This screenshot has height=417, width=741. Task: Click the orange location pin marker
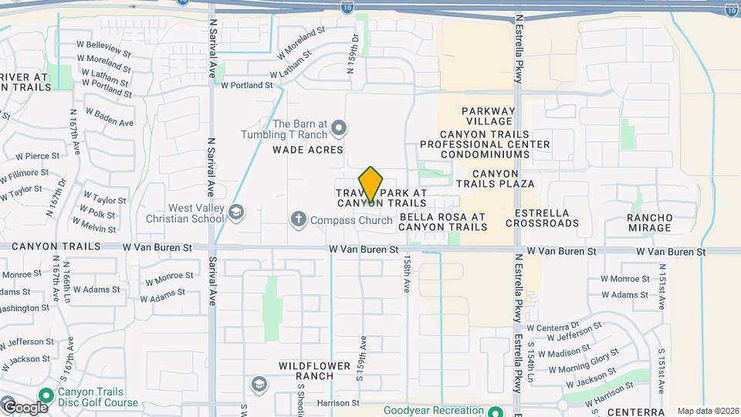tap(370, 185)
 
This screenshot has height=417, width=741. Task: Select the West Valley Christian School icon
tap(235, 212)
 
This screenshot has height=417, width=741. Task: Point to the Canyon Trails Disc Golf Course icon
tap(46, 395)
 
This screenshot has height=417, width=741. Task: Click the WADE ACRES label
tap(307, 151)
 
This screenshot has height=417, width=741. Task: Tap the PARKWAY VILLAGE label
tap(487, 116)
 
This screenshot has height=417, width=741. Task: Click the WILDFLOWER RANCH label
tap(306, 370)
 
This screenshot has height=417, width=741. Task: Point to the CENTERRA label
tap(635, 412)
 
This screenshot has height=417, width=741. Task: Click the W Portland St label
tap(247, 86)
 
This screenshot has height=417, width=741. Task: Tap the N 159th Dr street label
tap(355, 53)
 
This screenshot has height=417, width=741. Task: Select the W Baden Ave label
tap(110, 117)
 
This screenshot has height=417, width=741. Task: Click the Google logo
tap(25, 407)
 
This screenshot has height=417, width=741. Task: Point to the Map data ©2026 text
tap(707, 411)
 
